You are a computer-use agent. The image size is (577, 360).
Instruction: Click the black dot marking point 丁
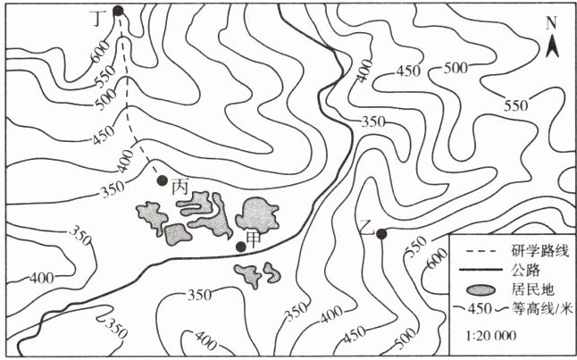[x=119, y=12]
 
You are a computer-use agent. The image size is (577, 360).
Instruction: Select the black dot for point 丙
[x=162, y=180]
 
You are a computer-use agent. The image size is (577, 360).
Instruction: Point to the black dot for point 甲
[x=240, y=246]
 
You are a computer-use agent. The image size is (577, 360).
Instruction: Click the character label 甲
[x=254, y=239]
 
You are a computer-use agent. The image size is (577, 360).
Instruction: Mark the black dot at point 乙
[x=381, y=234]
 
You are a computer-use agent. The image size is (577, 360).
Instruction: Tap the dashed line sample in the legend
[x=471, y=247]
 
